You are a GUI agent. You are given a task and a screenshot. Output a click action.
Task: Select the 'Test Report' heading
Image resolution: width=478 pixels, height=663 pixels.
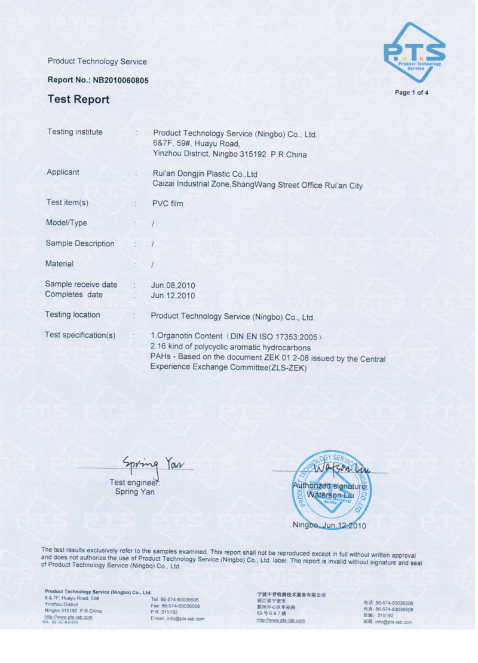click(78, 100)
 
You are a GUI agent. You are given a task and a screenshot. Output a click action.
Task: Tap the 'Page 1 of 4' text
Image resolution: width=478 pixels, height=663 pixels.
click(412, 93)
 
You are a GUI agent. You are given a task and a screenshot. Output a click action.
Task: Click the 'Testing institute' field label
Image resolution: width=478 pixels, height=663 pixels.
click(75, 132)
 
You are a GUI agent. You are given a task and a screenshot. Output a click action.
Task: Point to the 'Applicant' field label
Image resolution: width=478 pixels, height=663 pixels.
click(63, 172)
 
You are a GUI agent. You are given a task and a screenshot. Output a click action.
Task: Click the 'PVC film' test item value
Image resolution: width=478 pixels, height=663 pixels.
click(168, 204)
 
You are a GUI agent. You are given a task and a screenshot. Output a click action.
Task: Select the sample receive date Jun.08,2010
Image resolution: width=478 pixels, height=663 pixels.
click(173, 285)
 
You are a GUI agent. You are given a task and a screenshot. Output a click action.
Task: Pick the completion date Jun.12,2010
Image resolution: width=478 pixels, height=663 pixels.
click(173, 295)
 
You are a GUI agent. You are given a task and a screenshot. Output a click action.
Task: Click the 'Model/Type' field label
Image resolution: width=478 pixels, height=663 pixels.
click(66, 223)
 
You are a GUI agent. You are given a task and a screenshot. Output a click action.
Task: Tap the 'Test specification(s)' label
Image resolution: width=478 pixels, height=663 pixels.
click(80, 335)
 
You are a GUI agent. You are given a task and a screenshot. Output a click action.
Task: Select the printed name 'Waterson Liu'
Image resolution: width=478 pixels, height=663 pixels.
click(330, 495)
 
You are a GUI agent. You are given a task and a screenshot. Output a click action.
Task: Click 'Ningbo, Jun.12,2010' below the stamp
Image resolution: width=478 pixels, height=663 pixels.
click(329, 525)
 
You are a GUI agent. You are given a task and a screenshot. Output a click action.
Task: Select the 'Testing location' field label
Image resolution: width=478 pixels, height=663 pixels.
click(72, 315)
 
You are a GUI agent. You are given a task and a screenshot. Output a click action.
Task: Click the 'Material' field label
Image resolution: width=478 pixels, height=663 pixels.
click(59, 264)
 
